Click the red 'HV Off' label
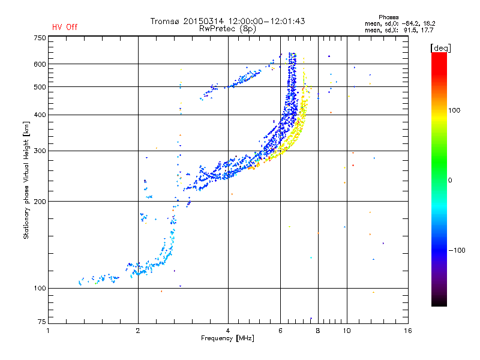65,27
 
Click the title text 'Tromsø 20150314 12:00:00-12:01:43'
228,21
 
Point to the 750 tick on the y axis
40,37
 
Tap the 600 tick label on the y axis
40,64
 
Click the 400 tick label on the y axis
40,115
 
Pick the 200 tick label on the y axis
40,201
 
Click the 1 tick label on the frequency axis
49,331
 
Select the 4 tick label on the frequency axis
228,331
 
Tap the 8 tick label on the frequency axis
317,331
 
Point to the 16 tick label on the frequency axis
407,331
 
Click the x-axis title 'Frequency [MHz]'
227,338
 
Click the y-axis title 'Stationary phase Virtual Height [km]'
26,180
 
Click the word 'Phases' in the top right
389,16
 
